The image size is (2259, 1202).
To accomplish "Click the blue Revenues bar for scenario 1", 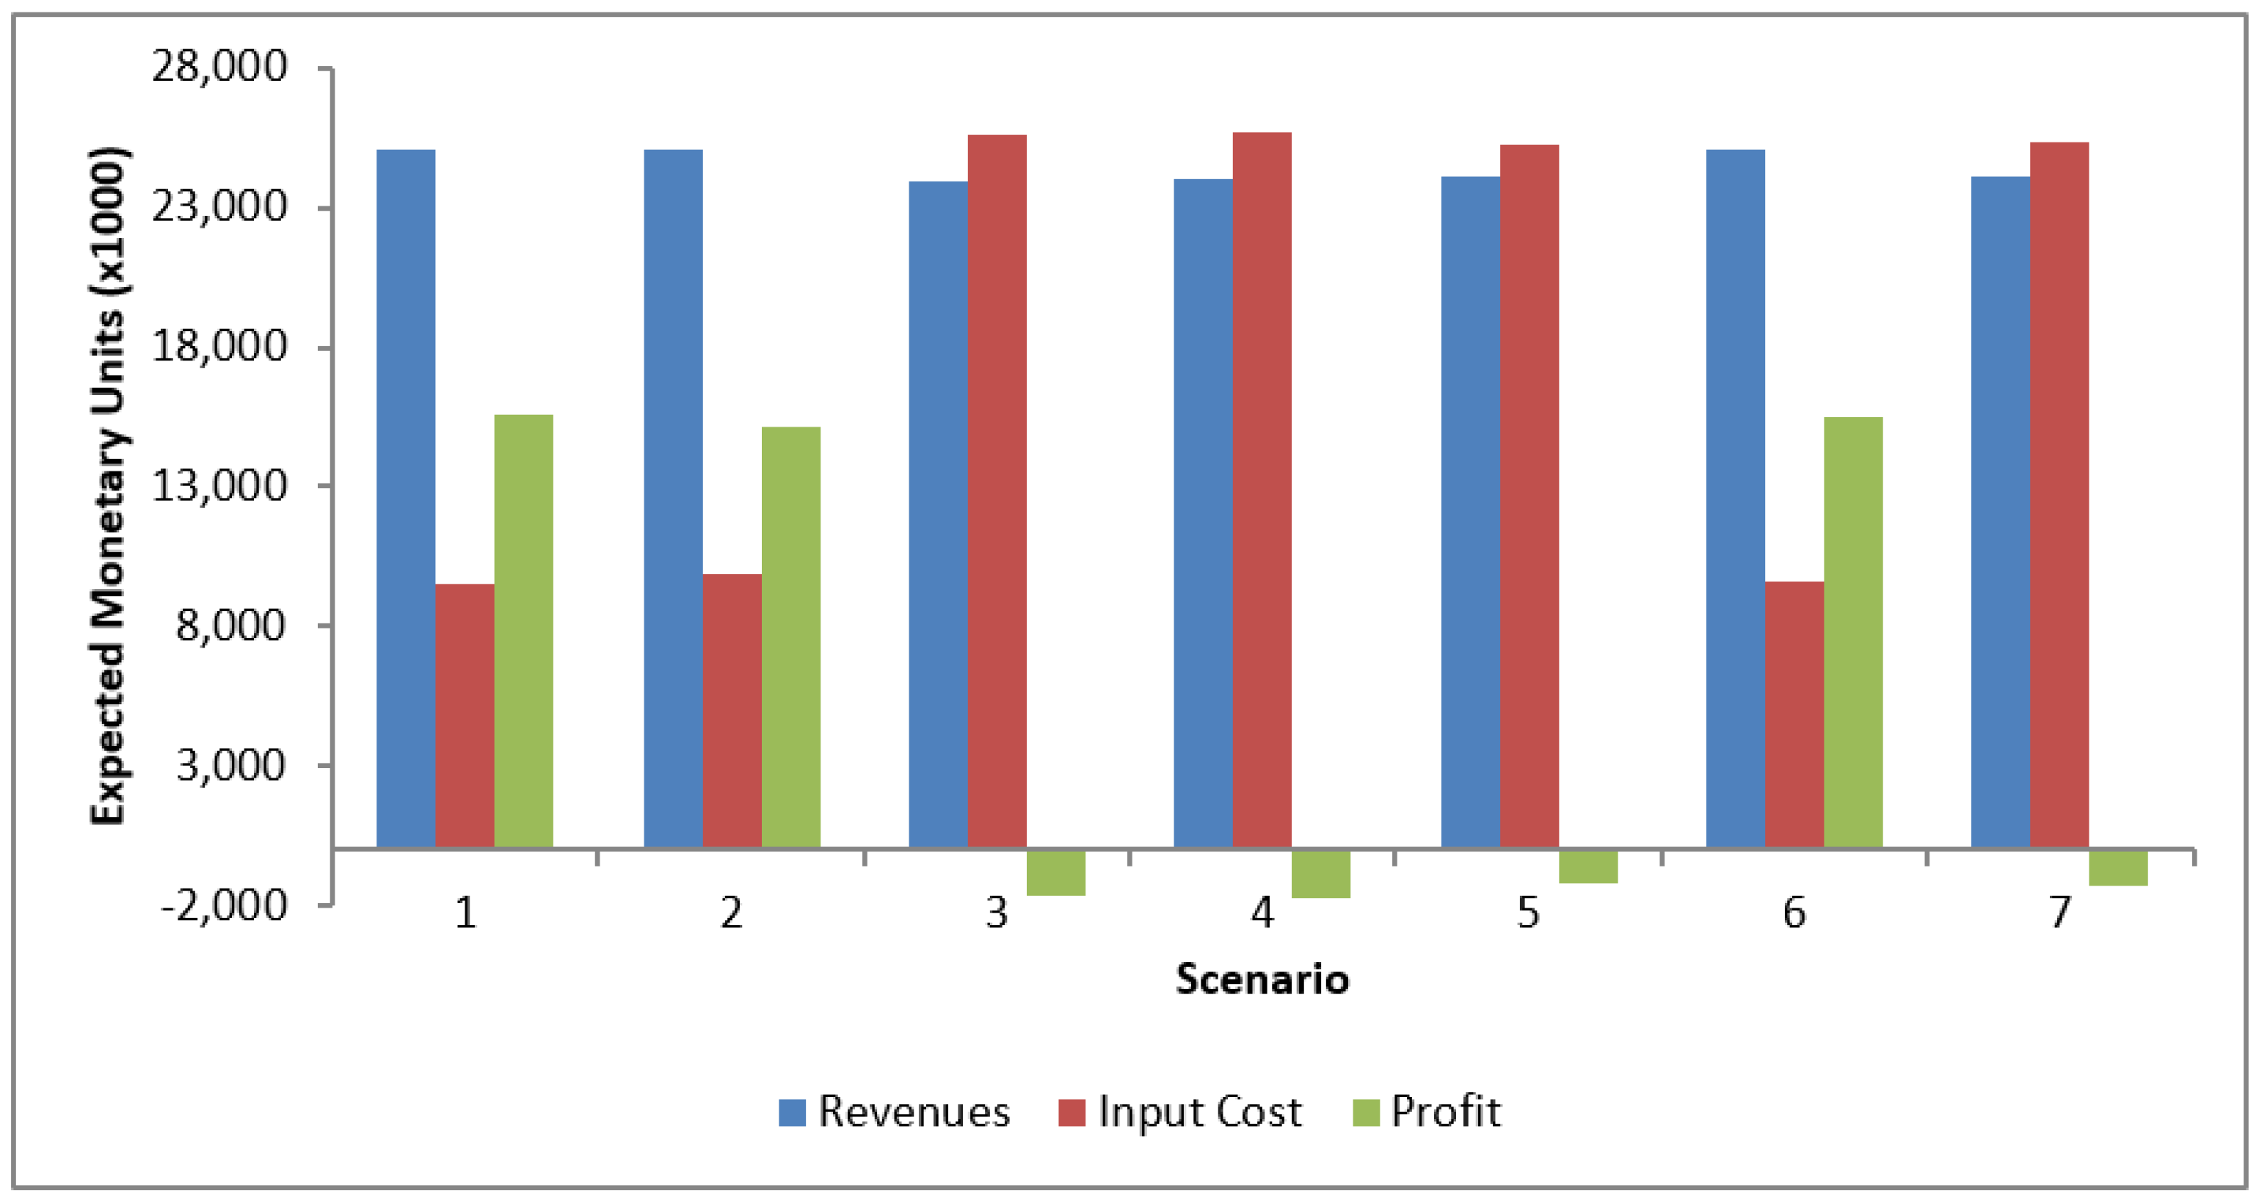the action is coord(406,499).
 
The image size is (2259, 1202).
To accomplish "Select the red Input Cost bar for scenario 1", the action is coord(465,716).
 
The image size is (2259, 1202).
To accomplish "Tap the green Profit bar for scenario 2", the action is coord(791,637).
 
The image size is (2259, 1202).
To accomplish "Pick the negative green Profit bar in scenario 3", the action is coord(1056,872).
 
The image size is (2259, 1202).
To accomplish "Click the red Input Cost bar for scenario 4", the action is coord(1262,490).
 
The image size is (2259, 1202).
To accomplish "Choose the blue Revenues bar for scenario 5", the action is coord(1471,513).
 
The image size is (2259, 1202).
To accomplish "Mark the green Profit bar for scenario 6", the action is coord(1853,633).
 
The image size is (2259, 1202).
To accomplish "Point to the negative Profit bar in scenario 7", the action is coord(2119,868).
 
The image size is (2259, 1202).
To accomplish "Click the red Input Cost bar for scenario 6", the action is coord(1794,715).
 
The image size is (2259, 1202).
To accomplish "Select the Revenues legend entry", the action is coord(895,1112).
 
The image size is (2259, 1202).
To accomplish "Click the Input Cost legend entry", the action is coord(1180,1112).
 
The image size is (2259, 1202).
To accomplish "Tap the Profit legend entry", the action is coord(1427,1112).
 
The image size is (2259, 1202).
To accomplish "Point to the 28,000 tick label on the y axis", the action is coord(219,66).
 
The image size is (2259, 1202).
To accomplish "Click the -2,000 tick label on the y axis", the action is coord(225,905).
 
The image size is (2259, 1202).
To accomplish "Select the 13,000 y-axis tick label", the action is coord(219,485).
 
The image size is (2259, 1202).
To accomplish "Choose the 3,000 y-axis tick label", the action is coord(231,765).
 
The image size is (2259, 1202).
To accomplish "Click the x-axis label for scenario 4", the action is coord(1262,913).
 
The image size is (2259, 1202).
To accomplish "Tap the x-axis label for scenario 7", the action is coord(2060,913).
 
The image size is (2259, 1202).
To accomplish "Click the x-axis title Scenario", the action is coord(1262,979).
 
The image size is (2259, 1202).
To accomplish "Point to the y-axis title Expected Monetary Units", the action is coord(109,485).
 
